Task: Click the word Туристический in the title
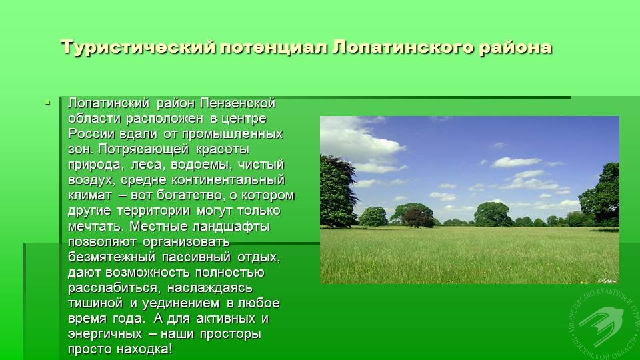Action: pyautogui.click(x=138, y=47)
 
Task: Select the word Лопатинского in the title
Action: pyautogui.click(x=403, y=47)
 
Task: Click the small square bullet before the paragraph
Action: pyautogui.click(x=48, y=103)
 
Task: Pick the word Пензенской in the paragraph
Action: pyautogui.click(x=238, y=103)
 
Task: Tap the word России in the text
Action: pyautogui.click(x=92, y=134)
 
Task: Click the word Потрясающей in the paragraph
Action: pyautogui.click(x=143, y=149)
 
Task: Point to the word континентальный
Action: pyautogui.click(x=228, y=180)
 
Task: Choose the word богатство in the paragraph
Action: pyautogui.click(x=191, y=195)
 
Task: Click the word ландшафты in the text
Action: pyautogui.click(x=231, y=227)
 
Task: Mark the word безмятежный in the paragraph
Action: pyautogui.click(x=111, y=257)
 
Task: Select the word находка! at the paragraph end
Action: pyautogui.click(x=145, y=349)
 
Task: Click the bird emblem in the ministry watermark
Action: pyautogui.click(x=601, y=325)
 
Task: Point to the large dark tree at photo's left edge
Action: pyautogui.click(x=338, y=191)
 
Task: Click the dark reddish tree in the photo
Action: pyautogui.click(x=418, y=217)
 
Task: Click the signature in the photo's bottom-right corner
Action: pyautogui.click(x=606, y=281)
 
